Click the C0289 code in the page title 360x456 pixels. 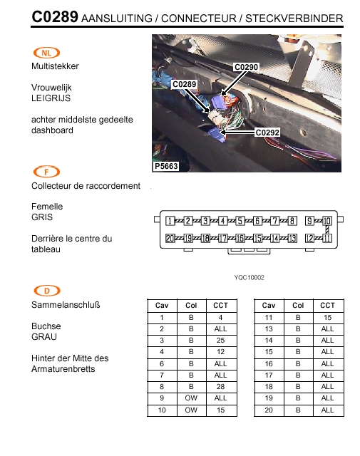55,17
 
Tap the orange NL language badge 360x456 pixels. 46,53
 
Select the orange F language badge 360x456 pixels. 46,172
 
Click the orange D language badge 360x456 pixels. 47,291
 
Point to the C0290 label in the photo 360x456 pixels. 246,67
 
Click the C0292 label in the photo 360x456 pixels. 267,133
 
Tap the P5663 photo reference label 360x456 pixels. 166,166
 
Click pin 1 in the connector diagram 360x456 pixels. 170,221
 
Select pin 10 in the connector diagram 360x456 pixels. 327,221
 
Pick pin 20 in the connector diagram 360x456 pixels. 170,239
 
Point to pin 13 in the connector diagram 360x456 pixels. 292,239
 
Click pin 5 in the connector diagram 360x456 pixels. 240,221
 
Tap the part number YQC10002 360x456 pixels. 249,277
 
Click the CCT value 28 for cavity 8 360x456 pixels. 220,387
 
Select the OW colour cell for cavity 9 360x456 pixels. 191,398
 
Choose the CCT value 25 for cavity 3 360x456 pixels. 220,341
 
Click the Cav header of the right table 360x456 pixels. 269,306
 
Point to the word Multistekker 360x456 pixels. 55,66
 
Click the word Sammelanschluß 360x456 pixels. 66,305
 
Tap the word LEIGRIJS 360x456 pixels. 51,98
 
